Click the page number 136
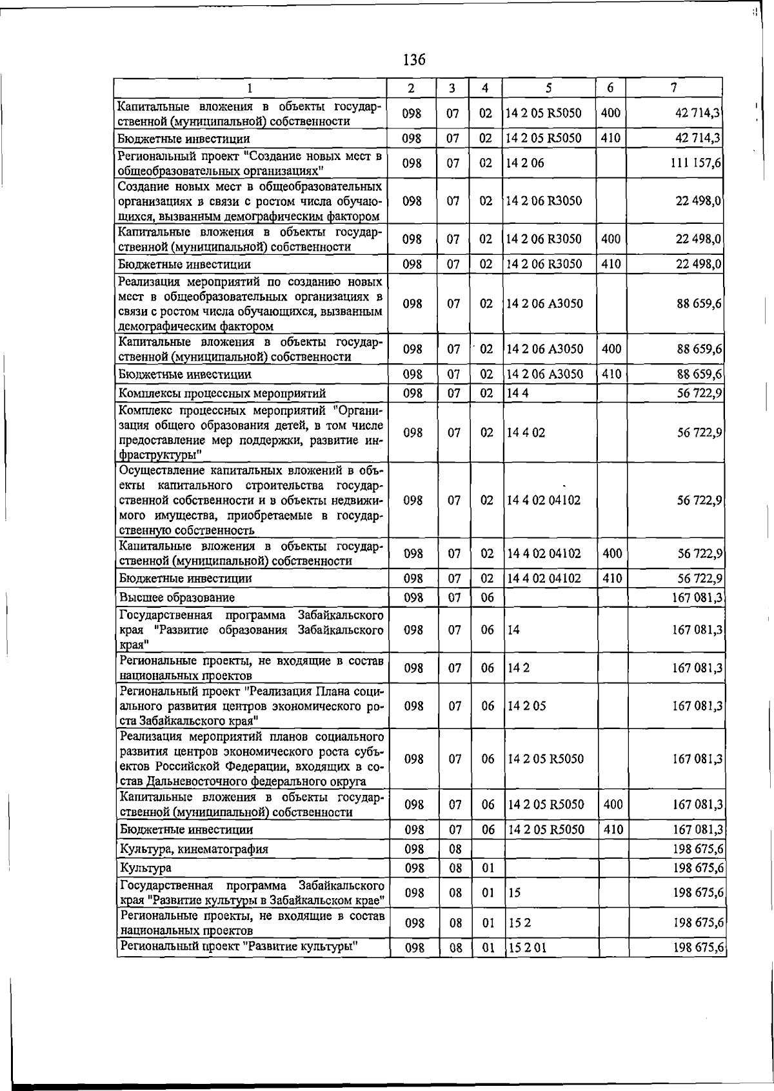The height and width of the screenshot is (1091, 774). [x=414, y=60]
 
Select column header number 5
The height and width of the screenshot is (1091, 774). [x=548, y=87]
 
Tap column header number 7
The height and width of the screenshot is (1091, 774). [x=673, y=87]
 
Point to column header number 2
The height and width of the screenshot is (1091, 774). [x=412, y=88]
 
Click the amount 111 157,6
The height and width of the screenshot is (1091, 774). [x=696, y=163]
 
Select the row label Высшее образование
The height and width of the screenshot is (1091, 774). [x=177, y=597]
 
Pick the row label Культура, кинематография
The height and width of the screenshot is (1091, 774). [x=193, y=849]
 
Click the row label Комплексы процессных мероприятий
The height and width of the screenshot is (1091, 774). [x=222, y=394]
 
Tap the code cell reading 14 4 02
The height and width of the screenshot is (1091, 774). [x=526, y=432]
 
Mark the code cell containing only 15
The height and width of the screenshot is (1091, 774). [x=514, y=893]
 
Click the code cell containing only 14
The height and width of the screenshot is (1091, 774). [x=513, y=630]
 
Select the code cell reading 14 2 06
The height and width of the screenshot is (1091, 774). [x=525, y=163]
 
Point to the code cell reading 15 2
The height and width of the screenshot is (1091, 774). [x=519, y=923]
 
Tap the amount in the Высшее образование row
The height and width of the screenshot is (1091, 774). [x=697, y=597]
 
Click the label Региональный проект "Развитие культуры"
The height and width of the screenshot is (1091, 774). [x=239, y=946]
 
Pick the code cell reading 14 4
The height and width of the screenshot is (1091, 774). [x=517, y=394]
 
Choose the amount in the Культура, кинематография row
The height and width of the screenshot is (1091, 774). [x=698, y=849]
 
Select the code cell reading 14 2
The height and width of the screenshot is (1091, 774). [x=518, y=668]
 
